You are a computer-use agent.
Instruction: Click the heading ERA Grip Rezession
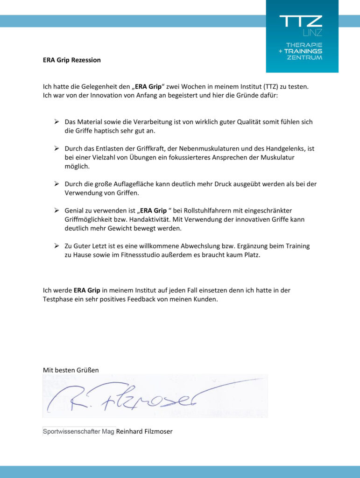coord(71,60)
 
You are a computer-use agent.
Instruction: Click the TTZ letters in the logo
coord(301,21)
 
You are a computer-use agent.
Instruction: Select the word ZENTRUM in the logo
coord(305,57)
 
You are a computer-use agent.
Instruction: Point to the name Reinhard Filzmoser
coord(144,431)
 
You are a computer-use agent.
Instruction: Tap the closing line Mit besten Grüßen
coord(71,370)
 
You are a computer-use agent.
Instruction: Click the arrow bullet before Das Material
coord(56,122)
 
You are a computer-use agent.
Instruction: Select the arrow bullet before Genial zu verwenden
coord(56,211)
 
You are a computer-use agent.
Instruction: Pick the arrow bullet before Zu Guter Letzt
coord(56,246)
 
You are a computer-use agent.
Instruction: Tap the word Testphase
coord(58,299)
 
